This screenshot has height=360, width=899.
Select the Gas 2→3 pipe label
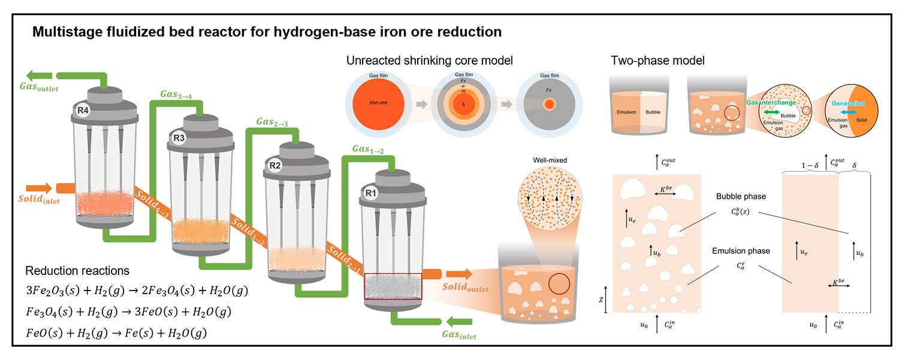[x=271, y=122]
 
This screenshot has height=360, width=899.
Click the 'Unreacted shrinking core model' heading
[x=430, y=60]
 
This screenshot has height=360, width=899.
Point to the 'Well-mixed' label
[x=549, y=161]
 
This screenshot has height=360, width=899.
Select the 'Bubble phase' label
[x=740, y=196]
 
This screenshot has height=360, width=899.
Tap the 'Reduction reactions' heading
[x=77, y=271]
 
